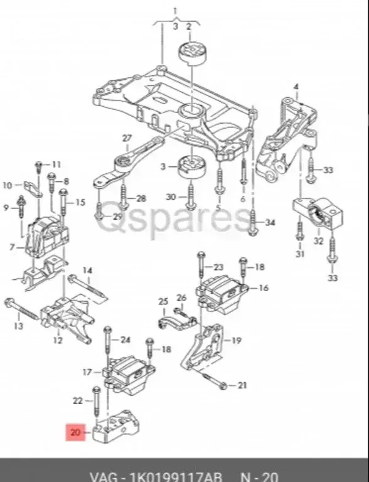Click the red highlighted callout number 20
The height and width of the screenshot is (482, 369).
click(x=75, y=432)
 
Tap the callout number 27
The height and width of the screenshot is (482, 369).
click(x=127, y=138)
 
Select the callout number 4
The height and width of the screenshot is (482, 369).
click(x=296, y=86)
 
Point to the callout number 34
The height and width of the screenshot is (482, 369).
click(x=269, y=223)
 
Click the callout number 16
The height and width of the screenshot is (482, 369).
click(x=263, y=288)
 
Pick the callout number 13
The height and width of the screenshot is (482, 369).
click(x=18, y=326)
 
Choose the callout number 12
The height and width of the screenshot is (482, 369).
click(x=58, y=341)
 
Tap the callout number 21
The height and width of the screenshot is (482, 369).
click(x=242, y=385)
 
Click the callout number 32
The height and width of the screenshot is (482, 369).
click(x=318, y=240)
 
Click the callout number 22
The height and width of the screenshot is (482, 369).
click(x=77, y=400)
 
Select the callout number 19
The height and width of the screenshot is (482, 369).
click(x=236, y=341)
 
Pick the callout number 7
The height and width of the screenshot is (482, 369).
click(x=12, y=247)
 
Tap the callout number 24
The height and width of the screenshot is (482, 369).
click(x=125, y=340)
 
